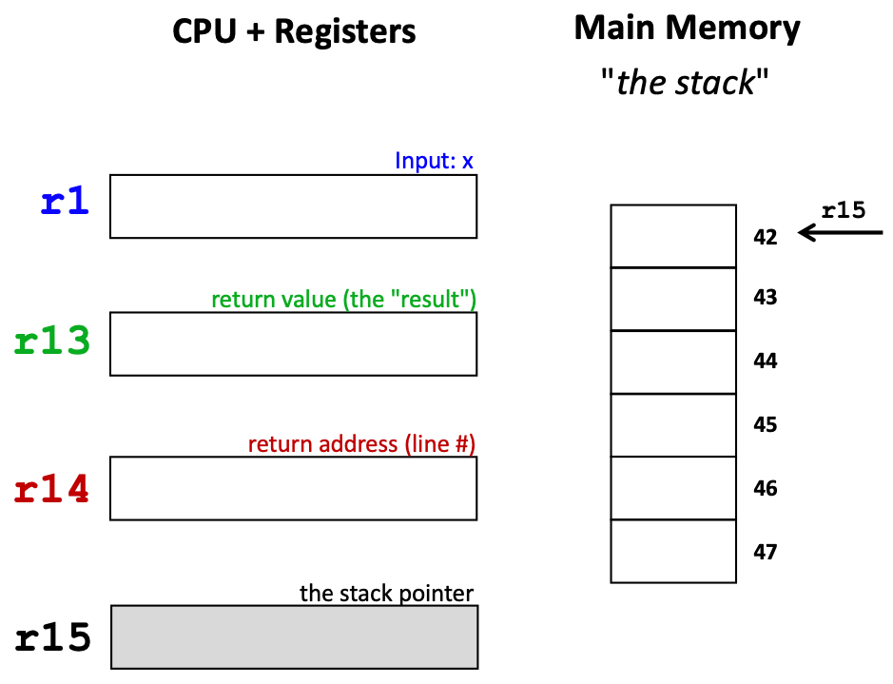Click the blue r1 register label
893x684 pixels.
pos(65,202)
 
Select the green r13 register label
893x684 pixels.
pos(53,341)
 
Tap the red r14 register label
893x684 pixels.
pos(53,487)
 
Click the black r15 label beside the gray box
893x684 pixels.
pos(53,637)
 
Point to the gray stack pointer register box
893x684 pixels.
pos(294,636)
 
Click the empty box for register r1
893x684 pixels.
pos(293,206)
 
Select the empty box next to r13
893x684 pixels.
pos(293,343)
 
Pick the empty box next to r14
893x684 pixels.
pos(293,488)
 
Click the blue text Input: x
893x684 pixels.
pos(434,161)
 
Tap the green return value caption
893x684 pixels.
pos(343,300)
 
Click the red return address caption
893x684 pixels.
pos(361,444)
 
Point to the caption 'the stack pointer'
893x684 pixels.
pos(386,594)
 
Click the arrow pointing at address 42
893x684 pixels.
pos(841,232)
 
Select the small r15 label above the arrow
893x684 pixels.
pos(843,210)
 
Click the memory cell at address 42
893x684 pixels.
pos(673,236)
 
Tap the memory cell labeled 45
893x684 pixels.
pos(673,425)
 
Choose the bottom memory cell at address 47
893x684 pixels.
pos(673,551)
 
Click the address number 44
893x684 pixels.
pos(765,361)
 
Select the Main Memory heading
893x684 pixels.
pos(687,29)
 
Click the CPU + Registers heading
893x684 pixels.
pos(294,31)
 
